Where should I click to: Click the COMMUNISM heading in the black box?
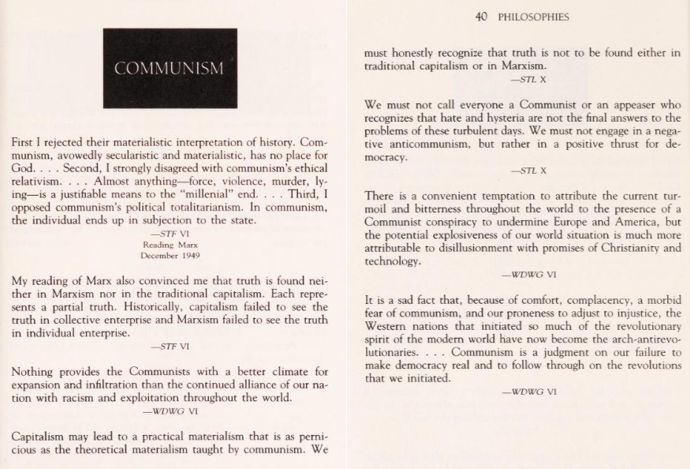click(170, 69)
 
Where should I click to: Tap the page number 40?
click(484, 16)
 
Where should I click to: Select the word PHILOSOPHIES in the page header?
click(533, 16)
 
